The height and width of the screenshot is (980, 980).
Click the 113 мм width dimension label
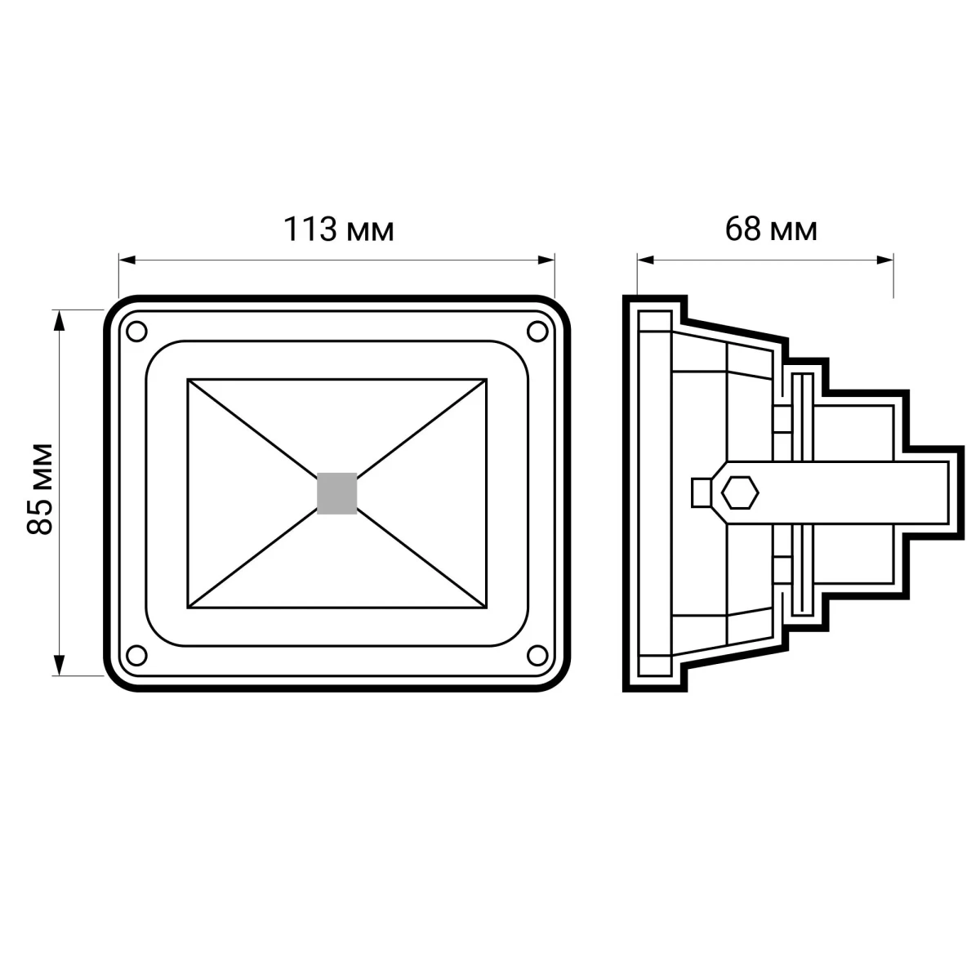click(x=338, y=229)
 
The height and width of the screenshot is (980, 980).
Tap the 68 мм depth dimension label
click(x=771, y=229)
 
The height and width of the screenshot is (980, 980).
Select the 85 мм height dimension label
click(x=39, y=489)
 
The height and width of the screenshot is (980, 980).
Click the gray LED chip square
click(x=336, y=493)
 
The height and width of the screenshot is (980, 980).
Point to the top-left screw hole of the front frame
click(x=136, y=332)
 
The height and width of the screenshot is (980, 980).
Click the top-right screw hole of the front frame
click(x=537, y=332)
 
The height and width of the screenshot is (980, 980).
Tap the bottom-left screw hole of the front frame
click(x=136, y=655)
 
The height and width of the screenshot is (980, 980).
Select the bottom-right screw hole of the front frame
click(x=537, y=655)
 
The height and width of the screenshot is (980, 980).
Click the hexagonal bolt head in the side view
click(x=740, y=492)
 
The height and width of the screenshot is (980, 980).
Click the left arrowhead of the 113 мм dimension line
click(x=127, y=261)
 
